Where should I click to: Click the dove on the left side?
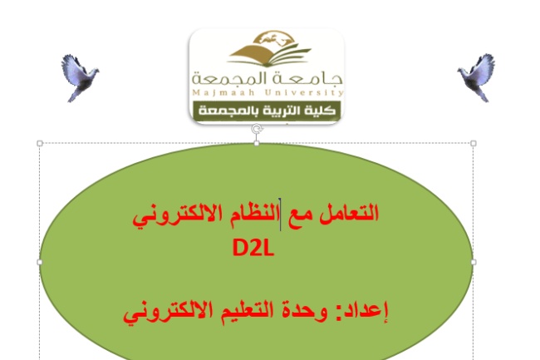(x=80, y=77)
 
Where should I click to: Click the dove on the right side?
(x=477, y=77)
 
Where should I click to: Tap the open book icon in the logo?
(x=269, y=55)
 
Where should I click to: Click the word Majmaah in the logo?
(x=223, y=92)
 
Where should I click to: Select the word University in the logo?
(x=304, y=92)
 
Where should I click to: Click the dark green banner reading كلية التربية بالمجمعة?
(x=267, y=111)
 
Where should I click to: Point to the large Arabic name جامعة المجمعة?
(x=268, y=78)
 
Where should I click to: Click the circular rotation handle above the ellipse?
(x=257, y=129)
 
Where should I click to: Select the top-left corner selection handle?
(x=40, y=143)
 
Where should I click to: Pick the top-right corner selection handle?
(x=474, y=143)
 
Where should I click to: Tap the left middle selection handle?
(x=40, y=262)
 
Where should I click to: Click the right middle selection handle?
(x=474, y=262)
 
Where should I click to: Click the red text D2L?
(x=253, y=248)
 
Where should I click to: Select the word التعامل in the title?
(x=349, y=213)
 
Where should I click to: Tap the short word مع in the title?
(x=300, y=215)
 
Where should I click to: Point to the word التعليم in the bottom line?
(x=248, y=311)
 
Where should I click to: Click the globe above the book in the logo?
(x=274, y=37)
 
